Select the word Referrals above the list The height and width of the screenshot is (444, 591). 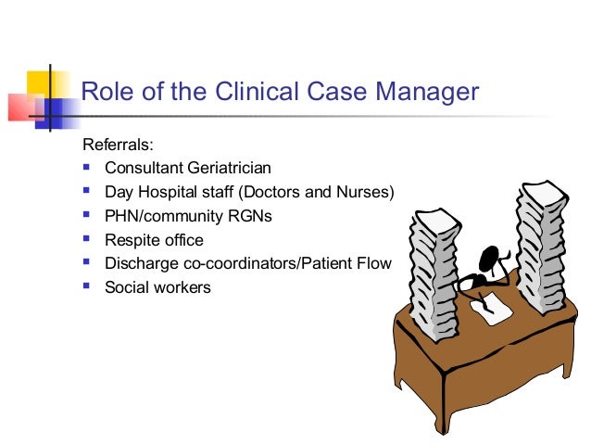(118, 146)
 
